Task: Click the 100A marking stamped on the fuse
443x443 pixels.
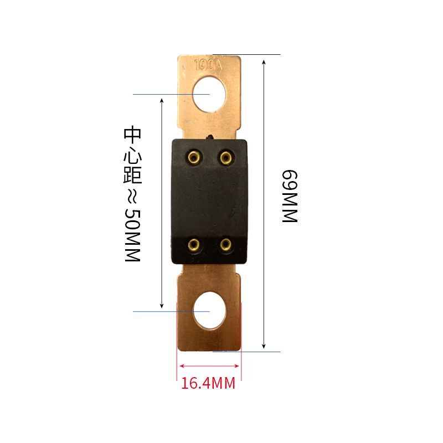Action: (x=209, y=64)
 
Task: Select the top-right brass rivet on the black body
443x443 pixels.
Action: (x=225, y=157)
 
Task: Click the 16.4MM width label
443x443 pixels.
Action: (x=209, y=383)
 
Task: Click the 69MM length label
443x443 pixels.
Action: (x=290, y=196)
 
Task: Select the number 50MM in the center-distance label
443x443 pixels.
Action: (x=133, y=235)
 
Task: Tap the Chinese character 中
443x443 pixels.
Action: (x=133, y=135)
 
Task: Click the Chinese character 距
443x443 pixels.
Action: (x=133, y=174)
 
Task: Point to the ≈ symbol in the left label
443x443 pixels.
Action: (x=133, y=196)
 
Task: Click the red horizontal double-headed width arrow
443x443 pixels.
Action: (x=209, y=365)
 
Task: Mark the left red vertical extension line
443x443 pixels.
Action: (x=177, y=343)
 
